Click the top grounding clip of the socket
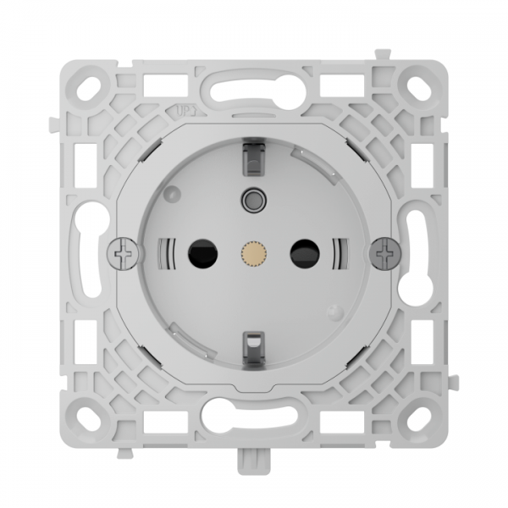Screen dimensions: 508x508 point(251,155)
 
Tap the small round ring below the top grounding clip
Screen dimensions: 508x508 point(251,200)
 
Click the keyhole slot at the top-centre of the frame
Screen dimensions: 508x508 point(251,87)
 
